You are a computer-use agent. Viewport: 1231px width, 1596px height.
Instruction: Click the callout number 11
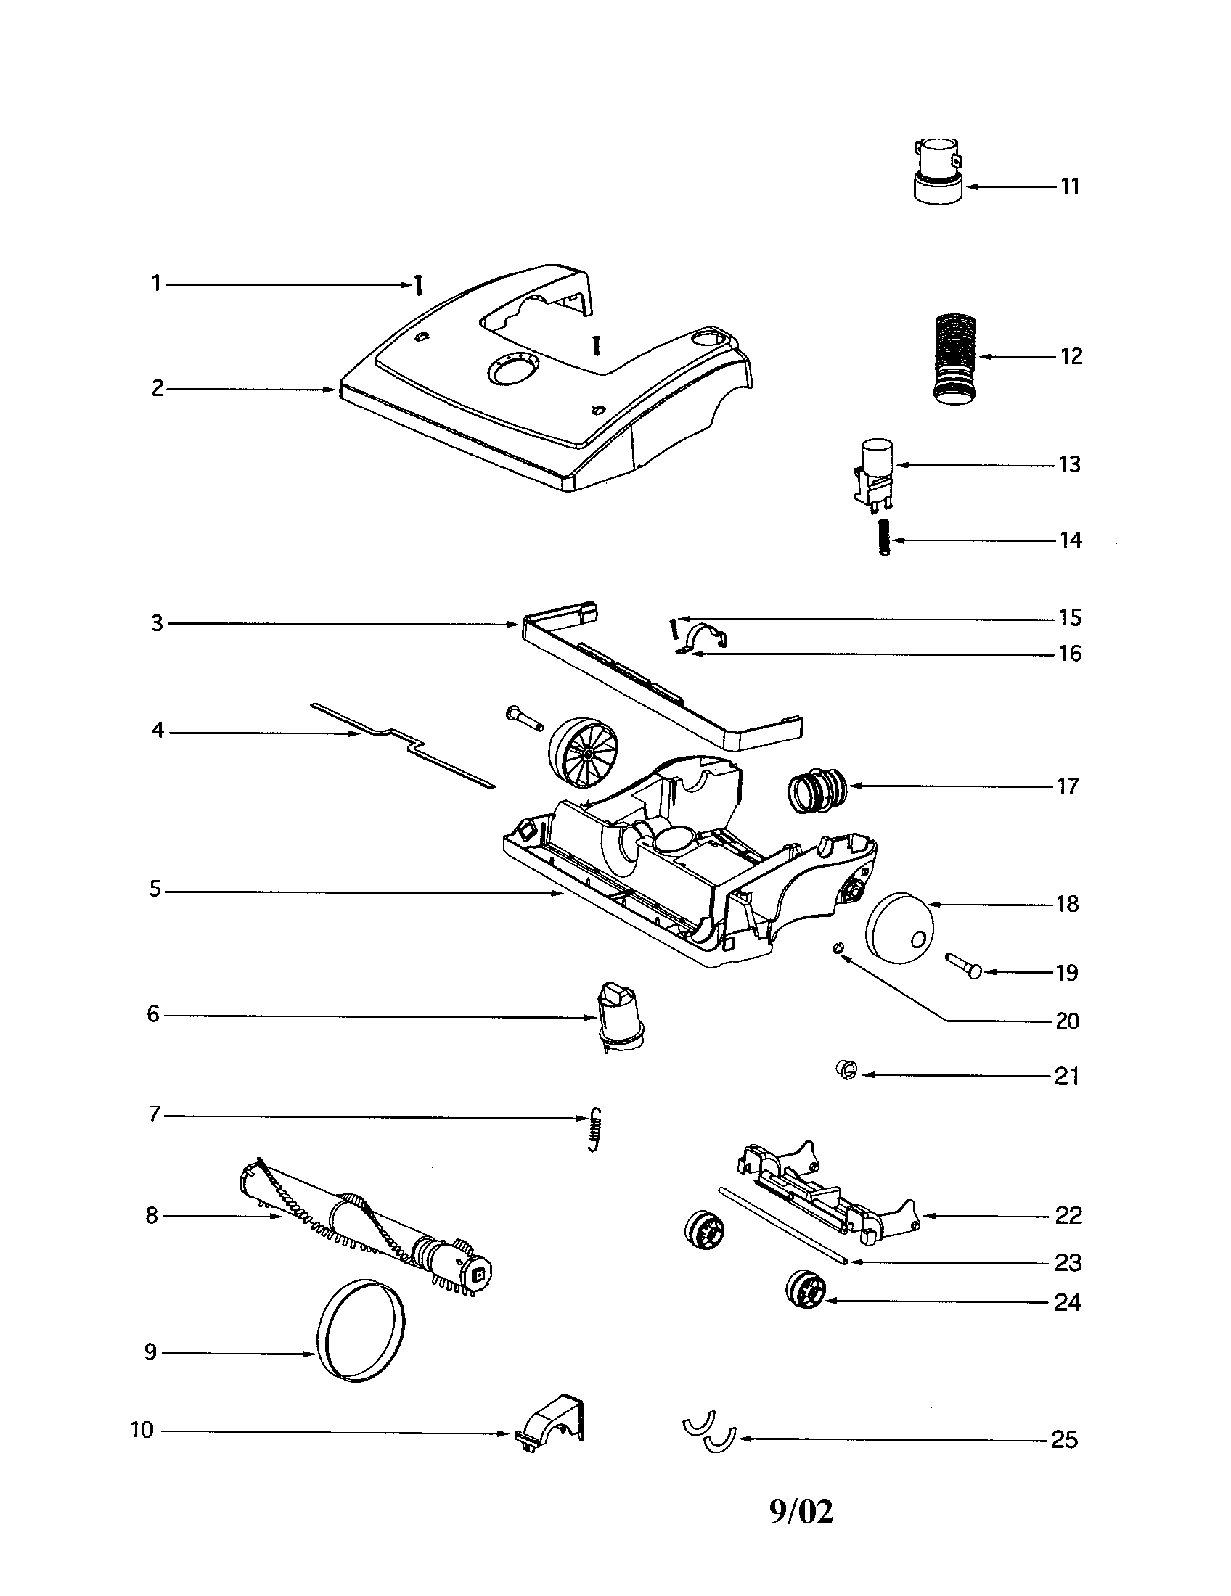pos(1069,186)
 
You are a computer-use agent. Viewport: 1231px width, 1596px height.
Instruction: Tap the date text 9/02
pos(801,1512)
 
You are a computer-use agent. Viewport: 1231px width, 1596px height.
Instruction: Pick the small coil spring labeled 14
pos(884,540)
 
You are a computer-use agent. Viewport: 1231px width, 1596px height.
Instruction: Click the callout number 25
pos(1063,1439)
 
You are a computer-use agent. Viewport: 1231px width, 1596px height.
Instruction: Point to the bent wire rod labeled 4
pos(403,744)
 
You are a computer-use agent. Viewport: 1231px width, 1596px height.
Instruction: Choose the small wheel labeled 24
pos(805,1290)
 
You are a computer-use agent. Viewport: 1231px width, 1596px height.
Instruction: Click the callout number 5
pos(155,889)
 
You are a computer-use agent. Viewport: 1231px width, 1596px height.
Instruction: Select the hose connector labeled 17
pos(818,790)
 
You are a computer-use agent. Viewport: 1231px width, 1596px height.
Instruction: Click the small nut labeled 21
pos(846,1072)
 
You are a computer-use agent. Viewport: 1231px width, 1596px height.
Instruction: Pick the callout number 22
pos(1068,1215)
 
